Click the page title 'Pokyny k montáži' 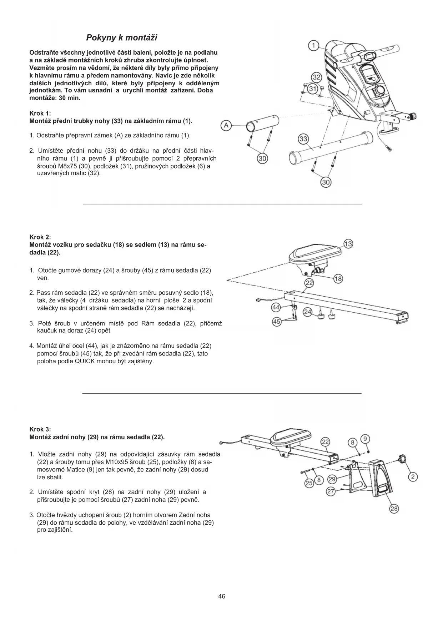point(122,38)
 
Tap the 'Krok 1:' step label point(40,113)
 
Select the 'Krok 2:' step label point(40,237)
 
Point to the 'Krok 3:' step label point(40,429)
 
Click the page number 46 point(221,596)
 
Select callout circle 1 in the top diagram point(313,46)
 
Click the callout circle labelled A point(226,125)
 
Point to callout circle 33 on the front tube point(303,139)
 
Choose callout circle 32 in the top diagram point(317,77)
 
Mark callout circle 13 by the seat point(348,244)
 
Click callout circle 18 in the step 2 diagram point(338,279)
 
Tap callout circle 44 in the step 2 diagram point(276,307)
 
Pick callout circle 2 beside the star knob point(413,476)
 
